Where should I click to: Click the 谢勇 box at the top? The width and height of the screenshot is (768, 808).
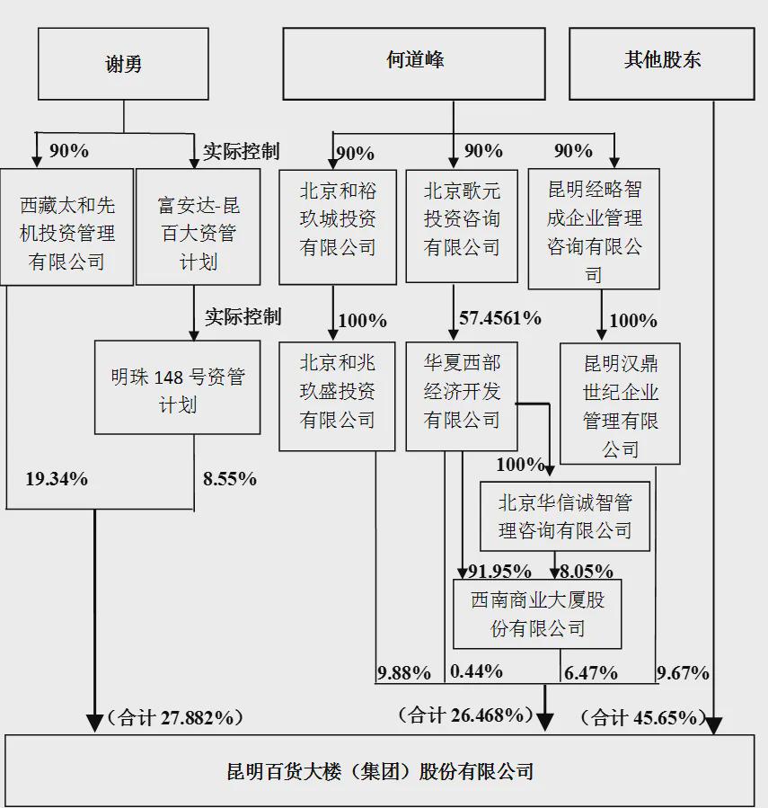pyautogui.click(x=123, y=64)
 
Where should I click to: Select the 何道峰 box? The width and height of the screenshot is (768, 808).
pyautogui.click(x=414, y=64)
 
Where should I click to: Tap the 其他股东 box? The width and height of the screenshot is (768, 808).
pyautogui.click(x=662, y=64)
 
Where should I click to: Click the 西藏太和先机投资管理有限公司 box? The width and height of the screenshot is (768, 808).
pyautogui.click(x=67, y=226)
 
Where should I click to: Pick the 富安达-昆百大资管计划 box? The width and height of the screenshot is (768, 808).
pyautogui.click(x=199, y=226)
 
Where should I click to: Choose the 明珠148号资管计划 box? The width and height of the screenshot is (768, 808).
pyautogui.click(x=178, y=387)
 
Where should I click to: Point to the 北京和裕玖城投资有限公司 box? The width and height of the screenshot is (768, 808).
pyautogui.click(x=338, y=226)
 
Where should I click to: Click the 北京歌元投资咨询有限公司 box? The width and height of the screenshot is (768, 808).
pyautogui.click(x=462, y=226)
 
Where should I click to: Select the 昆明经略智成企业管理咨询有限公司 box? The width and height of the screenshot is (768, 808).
pyautogui.click(x=594, y=229)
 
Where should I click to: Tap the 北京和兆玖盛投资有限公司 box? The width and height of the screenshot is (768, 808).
pyautogui.click(x=338, y=396)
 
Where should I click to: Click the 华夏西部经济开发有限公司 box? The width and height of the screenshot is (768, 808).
pyautogui.click(x=462, y=396)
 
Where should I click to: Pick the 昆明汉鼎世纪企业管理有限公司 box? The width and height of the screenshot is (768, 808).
pyautogui.click(x=620, y=404)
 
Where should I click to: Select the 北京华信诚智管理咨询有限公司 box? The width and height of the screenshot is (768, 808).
pyautogui.click(x=565, y=516)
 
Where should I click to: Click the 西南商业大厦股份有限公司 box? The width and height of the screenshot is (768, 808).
pyautogui.click(x=537, y=614)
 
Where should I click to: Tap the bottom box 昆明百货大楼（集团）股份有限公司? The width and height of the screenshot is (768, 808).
pyautogui.click(x=380, y=771)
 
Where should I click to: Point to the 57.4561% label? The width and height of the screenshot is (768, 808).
pyautogui.click(x=500, y=317)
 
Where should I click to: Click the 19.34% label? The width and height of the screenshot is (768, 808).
pyautogui.click(x=57, y=479)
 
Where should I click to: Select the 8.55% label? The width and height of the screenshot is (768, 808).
pyautogui.click(x=230, y=479)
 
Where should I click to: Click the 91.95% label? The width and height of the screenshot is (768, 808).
pyautogui.click(x=499, y=571)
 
